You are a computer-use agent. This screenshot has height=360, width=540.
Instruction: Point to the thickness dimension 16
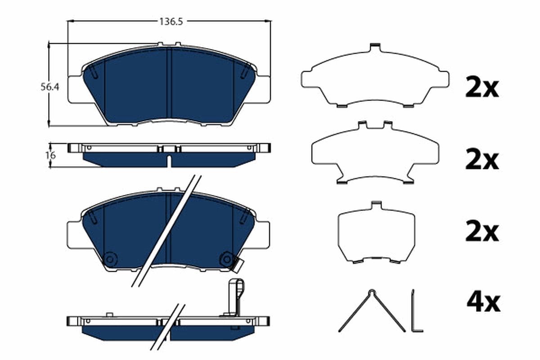point(50,156)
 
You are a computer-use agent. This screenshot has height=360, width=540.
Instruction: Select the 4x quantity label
point(483,303)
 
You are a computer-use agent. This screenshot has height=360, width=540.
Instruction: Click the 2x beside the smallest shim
point(482,232)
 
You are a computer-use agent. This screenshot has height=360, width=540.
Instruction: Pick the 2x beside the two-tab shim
point(482,160)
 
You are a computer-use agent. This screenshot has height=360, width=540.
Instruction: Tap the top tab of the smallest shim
point(376,206)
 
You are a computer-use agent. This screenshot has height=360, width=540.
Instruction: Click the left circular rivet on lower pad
point(109,259)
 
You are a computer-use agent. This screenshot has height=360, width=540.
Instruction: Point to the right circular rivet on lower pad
point(226,259)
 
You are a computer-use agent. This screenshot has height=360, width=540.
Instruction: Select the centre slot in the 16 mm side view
point(169,161)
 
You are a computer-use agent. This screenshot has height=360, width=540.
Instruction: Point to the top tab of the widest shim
point(375,47)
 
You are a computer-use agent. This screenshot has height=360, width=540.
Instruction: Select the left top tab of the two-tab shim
point(363,125)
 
